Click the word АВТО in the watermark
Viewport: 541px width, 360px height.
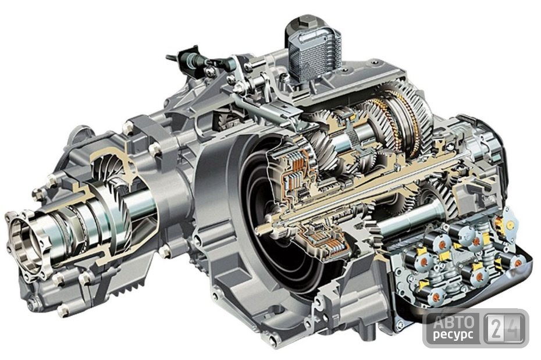click(454, 322)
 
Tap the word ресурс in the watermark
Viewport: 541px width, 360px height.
click(453, 335)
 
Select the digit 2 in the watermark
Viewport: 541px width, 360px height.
click(496, 328)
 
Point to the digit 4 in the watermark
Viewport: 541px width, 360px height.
click(514, 328)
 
